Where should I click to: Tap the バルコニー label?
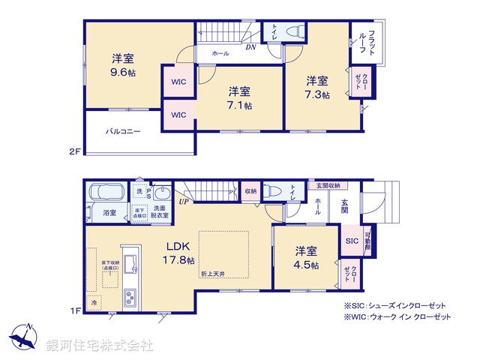[122, 131]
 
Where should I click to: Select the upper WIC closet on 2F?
[178, 82]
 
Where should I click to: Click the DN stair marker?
[250, 46]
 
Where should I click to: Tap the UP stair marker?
[184, 201]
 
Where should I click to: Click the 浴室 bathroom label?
[109, 213]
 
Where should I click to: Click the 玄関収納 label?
[327, 185]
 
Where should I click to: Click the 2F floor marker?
[74, 151]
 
